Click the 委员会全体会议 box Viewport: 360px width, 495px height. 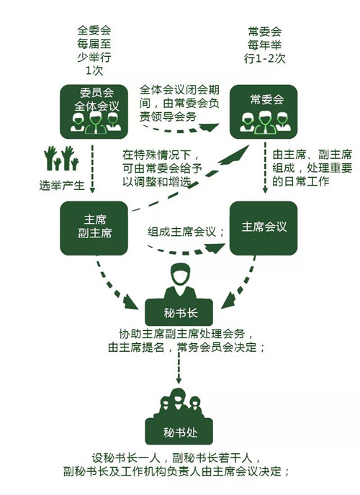click(x=94, y=112)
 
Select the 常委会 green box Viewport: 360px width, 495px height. click(x=264, y=112)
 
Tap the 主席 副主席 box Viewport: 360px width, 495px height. click(x=94, y=228)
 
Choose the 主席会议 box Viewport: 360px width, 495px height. click(x=264, y=228)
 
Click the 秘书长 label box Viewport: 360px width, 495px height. click(x=179, y=312)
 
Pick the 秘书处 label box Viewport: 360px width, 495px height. click(x=179, y=431)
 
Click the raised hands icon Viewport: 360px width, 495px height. click(x=61, y=158)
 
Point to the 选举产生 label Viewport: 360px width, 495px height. click(x=62, y=186)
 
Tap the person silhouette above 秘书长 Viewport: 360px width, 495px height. click(x=180, y=281)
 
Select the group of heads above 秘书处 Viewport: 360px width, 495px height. click(x=179, y=404)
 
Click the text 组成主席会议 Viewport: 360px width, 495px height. click(x=181, y=232)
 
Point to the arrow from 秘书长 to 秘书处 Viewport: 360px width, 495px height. click(x=179, y=368)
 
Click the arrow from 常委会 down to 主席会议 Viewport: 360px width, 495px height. click(x=265, y=168)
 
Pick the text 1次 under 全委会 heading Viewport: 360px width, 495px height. click(x=94, y=71)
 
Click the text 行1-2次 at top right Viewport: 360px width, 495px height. click(x=265, y=59)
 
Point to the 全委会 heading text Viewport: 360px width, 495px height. click(x=94, y=31)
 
